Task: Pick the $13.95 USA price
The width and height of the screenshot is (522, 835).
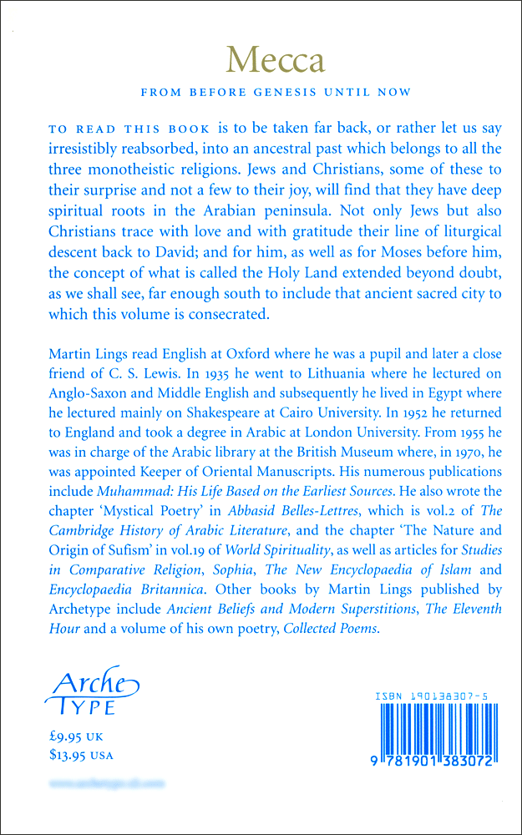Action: [x=82, y=756]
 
